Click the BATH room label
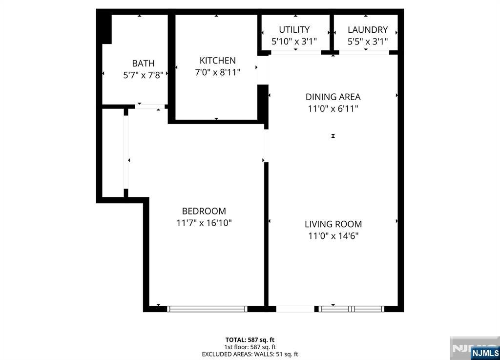click(143, 63)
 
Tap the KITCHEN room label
click(217, 61)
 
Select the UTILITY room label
click(294, 30)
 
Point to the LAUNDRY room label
click(367, 30)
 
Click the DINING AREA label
click(333, 97)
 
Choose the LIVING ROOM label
click(333, 224)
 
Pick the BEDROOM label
click(204, 211)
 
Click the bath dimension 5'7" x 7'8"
click(143, 76)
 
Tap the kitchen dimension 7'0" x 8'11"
click(217, 72)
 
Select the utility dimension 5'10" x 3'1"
click(294, 42)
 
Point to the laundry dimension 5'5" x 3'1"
click(367, 42)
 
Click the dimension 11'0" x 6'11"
click(333, 108)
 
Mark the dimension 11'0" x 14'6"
click(333, 236)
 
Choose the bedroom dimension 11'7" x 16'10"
click(204, 223)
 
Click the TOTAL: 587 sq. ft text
click(250, 339)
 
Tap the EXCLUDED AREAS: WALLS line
click(250, 354)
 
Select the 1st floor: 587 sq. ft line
click(250, 347)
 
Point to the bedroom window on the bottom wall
click(207, 309)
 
